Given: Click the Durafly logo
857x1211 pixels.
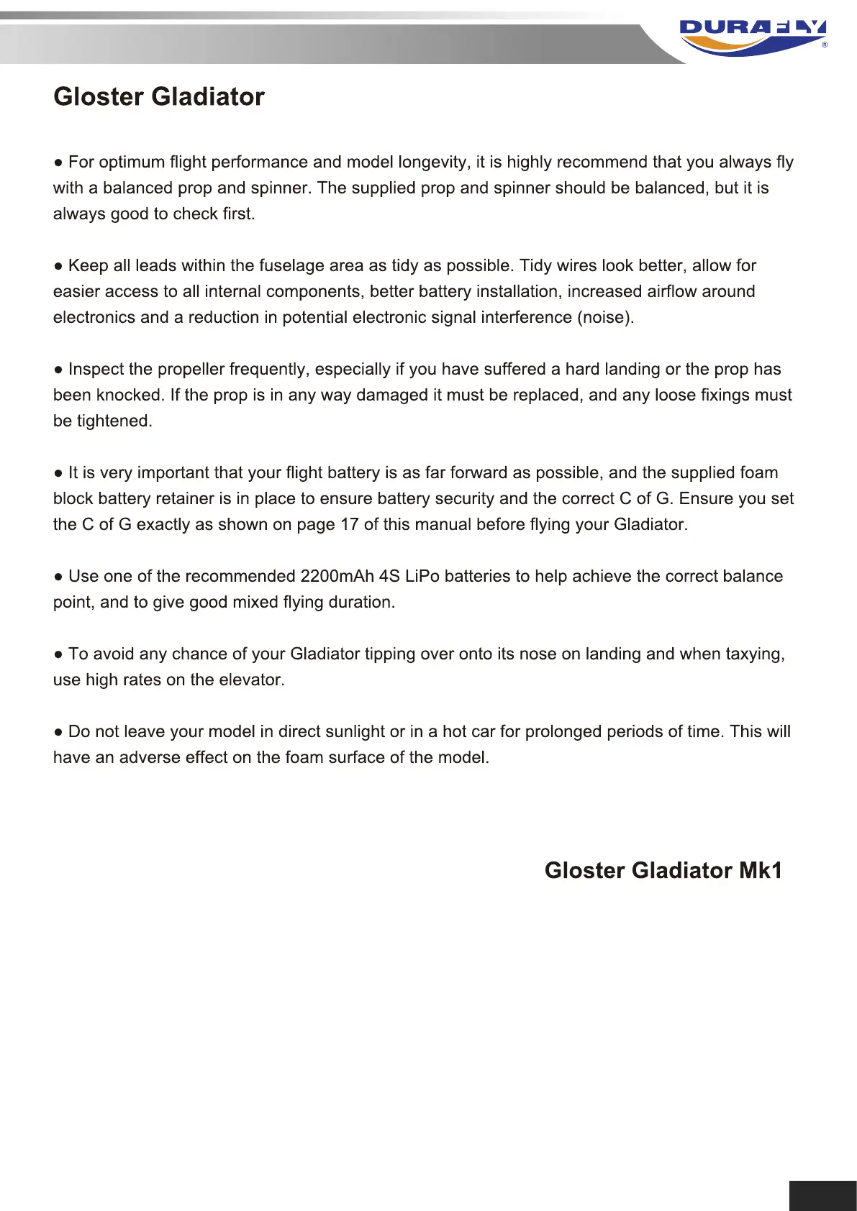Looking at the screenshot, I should pos(753,37).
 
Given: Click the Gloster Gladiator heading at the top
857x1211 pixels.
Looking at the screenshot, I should pos(159,97).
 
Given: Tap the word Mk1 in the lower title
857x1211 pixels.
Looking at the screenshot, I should pos(761,870).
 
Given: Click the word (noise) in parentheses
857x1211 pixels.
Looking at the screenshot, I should pos(605,317).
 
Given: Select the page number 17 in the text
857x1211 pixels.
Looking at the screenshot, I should pos(349,524).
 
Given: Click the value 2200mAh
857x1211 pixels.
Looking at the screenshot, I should pos(337,576).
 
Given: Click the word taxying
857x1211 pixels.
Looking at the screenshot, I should pos(754,654).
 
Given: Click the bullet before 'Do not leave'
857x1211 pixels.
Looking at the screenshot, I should pos(58,732).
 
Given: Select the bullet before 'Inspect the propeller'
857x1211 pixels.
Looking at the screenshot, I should pos(58,370).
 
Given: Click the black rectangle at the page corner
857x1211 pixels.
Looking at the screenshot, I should pos(822,1195).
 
